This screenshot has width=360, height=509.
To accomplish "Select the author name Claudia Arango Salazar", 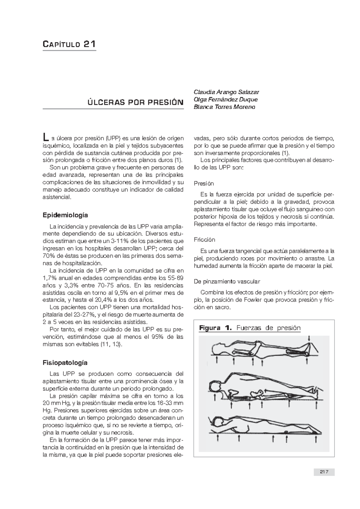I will pos(226,92).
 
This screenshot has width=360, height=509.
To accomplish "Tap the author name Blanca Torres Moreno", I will pos(224,107).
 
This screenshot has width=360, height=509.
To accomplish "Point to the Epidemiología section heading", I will pos(65,215).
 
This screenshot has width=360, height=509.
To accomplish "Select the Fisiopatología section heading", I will pos(65,363).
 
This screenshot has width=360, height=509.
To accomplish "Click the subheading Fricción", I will pos(205,240).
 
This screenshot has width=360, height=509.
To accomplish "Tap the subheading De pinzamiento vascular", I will pos(227,281).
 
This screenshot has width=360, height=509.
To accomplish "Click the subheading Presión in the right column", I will pos(204,183).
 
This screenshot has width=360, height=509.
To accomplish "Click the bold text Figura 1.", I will pos(215,328).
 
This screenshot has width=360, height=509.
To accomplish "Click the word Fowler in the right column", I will pos(254,300).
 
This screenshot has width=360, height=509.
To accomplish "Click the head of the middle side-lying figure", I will pos(215,387).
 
